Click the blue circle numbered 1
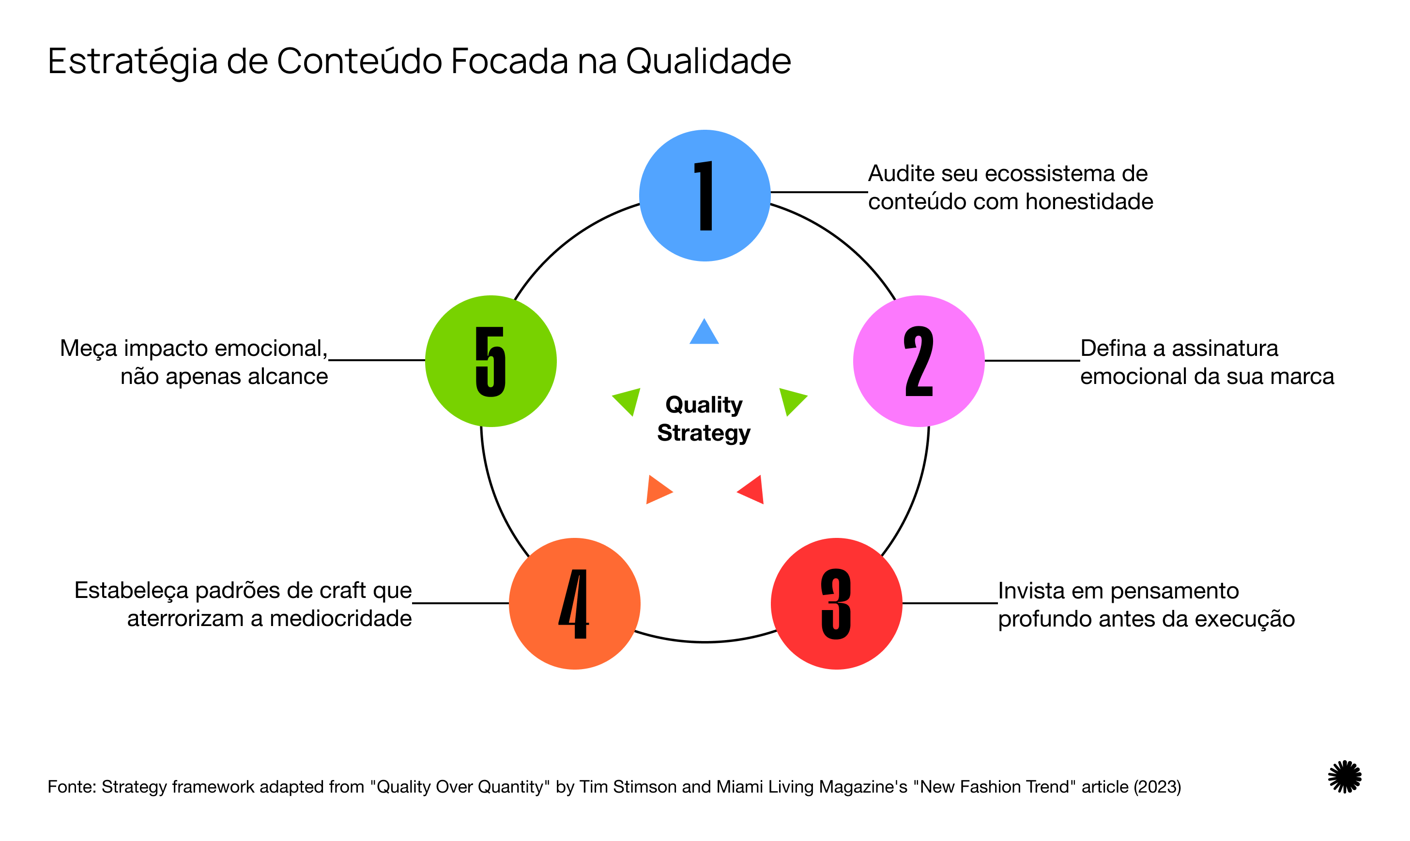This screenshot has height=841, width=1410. click(705, 196)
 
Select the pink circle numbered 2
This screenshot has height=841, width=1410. click(918, 361)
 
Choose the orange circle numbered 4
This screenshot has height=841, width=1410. click(574, 604)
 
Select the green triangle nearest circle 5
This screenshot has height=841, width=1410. click(628, 400)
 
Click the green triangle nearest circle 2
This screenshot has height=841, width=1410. click(791, 400)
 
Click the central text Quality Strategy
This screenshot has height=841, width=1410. click(704, 419)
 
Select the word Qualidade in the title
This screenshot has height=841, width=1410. click(708, 61)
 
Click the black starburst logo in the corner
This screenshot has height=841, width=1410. click(1344, 777)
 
